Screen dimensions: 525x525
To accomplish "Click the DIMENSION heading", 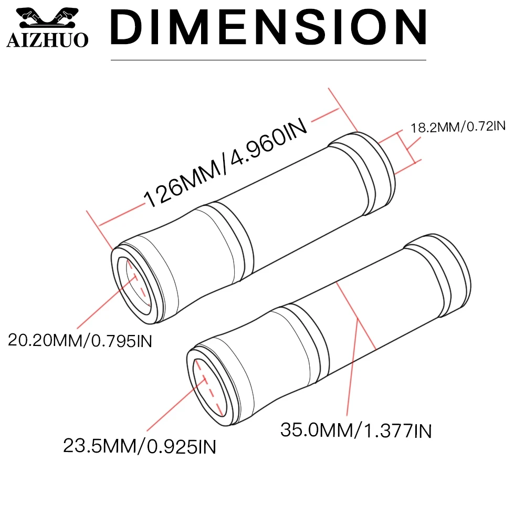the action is pos(268,27).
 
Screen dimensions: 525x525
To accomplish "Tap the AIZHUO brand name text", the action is pos(48,40).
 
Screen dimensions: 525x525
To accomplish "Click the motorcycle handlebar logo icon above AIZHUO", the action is pos(48,18).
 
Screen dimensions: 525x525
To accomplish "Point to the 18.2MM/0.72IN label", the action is pos(458,127).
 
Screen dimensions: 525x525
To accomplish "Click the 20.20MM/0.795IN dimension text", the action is pos(80,341).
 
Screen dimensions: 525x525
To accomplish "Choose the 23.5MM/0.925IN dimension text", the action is pos(140,446).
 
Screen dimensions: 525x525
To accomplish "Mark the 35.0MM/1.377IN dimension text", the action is pos(356,430).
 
